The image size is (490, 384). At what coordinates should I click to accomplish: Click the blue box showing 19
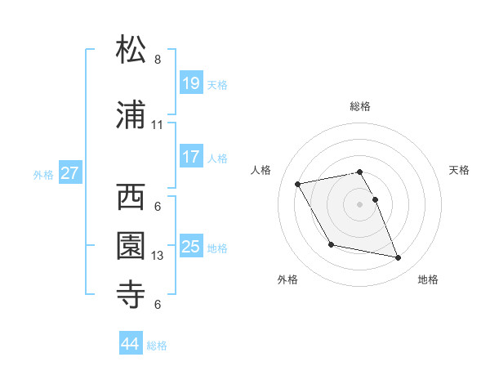click(x=191, y=83)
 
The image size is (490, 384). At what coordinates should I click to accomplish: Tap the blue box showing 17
click(x=191, y=157)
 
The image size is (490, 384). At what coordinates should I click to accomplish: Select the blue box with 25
click(x=191, y=246)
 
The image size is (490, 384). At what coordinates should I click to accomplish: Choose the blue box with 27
click(x=69, y=173)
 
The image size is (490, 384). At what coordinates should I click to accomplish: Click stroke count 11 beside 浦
click(x=158, y=125)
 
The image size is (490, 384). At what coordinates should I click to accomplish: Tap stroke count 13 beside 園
click(x=158, y=256)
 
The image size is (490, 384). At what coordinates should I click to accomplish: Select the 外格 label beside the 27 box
click(x=43, y=174)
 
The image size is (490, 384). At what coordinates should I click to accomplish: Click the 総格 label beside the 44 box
click(x=157, y=346)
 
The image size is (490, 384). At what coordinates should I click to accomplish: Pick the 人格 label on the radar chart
click(x=261, y=170)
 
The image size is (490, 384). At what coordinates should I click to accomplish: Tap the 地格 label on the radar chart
click(x=428, y=279)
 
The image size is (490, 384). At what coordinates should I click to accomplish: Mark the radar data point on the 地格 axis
click(x=399, y=258)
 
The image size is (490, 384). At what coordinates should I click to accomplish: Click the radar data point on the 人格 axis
click(x=298, y=183)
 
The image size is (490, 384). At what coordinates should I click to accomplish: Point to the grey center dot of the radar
click(x=359, y=203)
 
